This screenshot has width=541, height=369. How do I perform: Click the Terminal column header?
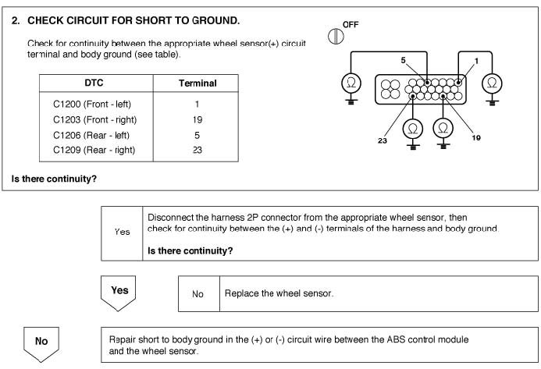(197, 83)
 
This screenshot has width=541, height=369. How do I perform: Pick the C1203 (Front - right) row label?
(94, 119)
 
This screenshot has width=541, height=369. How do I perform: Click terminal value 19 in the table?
(197, 119)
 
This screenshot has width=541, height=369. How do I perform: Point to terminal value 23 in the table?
(197, 151)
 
